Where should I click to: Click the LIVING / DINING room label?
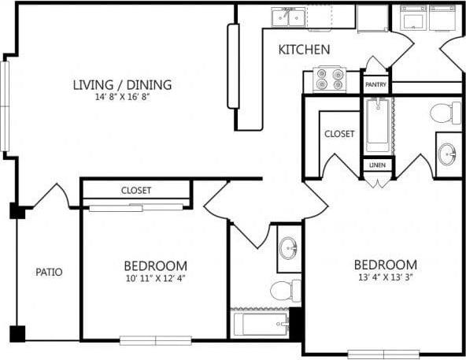pyautogui.click(x=122, y=85)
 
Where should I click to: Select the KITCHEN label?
pyautogui.click(x=304, y=50)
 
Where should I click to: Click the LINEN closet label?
pyautogui.click(x=376, y=166)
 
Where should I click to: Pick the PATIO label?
pyautogui.click(x=49, y=273)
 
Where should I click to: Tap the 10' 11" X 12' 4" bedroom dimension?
pyautogui.click(x=155, y=278)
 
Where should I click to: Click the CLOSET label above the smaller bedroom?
pyautogui.click(x=136, y=191)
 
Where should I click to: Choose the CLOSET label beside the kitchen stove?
pyautogui.click(x=339, y=134)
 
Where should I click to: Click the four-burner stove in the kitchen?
pyautogui.click(x=330, y=79)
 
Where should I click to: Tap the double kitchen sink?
pyautogui.click(x=289, y=17)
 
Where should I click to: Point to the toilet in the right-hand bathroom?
pyautogui.click(x=445, y=113)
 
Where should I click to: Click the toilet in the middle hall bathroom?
pyautogui.click(x=285, y=291)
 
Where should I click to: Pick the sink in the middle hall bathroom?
pyautogui.click(x=289, y=248)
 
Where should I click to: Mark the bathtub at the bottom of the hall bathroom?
pyautogui.click(x=260, y=323)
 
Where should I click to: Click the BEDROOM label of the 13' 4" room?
pyautogui.click(x=384, y=264)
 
